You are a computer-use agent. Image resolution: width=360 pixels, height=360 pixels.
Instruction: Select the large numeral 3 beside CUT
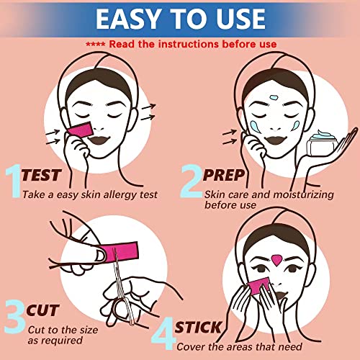pos(15,314)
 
